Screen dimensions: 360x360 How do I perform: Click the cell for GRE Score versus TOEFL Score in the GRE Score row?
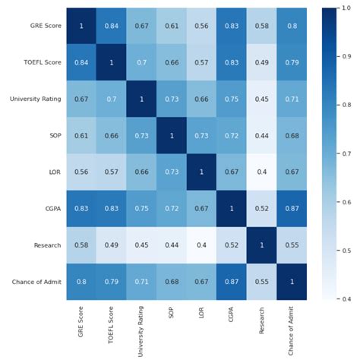[x=112, y=27]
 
